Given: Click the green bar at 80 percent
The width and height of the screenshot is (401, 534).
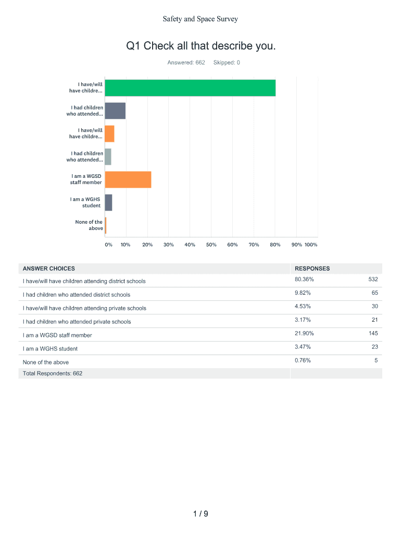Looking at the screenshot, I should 190,88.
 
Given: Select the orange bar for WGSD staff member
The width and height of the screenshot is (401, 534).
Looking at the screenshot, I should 128,179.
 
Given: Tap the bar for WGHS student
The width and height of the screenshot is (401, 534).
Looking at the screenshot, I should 108,202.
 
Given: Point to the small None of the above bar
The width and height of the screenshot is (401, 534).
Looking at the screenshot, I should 105,225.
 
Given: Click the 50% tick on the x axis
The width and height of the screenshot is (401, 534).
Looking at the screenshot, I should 211,245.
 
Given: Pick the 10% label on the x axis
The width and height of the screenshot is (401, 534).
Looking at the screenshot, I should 126,245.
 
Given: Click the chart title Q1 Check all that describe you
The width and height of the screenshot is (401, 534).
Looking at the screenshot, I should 200,46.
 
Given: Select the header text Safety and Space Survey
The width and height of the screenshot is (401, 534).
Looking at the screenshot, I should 200,19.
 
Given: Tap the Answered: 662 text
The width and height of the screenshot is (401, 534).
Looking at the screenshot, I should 186,63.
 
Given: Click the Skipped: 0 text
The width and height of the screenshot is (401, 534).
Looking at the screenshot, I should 227,63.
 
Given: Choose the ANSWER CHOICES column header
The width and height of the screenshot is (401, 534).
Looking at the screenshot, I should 49,269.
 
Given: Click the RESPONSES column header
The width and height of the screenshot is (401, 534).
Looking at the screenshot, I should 312,269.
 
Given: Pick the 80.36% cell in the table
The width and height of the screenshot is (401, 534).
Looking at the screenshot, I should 304,280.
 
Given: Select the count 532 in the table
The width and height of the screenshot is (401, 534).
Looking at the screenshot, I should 372,280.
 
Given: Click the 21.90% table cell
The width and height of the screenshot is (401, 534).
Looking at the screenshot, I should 304,334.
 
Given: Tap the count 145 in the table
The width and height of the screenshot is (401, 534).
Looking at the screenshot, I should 372,334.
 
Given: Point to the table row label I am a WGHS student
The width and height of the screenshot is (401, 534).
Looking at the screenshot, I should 50,348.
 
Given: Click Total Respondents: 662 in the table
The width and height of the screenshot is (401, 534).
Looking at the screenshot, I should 53,373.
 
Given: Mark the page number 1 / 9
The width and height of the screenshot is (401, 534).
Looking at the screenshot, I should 200,514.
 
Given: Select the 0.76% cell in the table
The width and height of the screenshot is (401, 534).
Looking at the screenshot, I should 303,361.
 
